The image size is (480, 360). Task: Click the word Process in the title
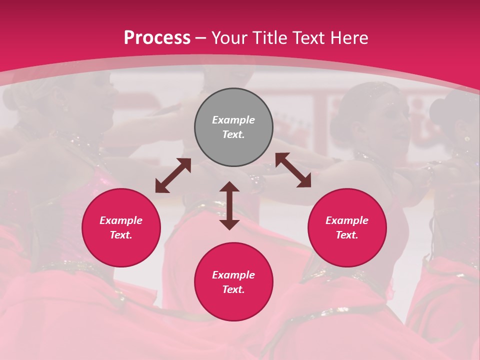[157, 38]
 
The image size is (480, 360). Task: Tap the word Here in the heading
[347, 38]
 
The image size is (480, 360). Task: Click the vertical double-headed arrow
[229, 205]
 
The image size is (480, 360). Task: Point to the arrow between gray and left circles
[173, 175]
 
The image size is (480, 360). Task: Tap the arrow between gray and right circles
[293, 170]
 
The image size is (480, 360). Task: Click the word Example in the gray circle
[233, 120]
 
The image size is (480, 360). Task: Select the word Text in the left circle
[121, 235]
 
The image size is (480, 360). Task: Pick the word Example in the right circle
[347, 220]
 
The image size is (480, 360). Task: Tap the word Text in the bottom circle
[233, 289]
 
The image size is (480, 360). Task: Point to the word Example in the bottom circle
[233, 275]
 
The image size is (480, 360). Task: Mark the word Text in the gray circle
[233, 134]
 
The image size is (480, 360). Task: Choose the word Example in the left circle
[121, 220]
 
